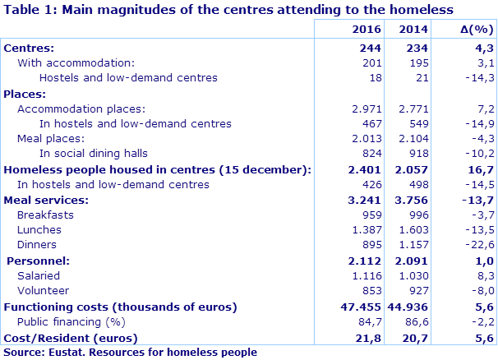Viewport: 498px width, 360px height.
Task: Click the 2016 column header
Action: click(359, 30)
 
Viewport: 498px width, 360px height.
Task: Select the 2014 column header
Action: click(413, 30)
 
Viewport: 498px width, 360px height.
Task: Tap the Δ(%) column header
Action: click(473, 30)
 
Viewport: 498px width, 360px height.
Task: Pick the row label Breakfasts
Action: click(45, 215)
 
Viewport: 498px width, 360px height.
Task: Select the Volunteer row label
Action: click(43, 290)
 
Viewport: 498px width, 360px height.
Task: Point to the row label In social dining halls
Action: click(94, 154)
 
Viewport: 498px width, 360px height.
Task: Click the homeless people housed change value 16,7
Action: click(480, 169)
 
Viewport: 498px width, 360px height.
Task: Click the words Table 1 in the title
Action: click(30, 10)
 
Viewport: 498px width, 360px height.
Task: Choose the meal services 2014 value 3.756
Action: click(413, 199)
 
